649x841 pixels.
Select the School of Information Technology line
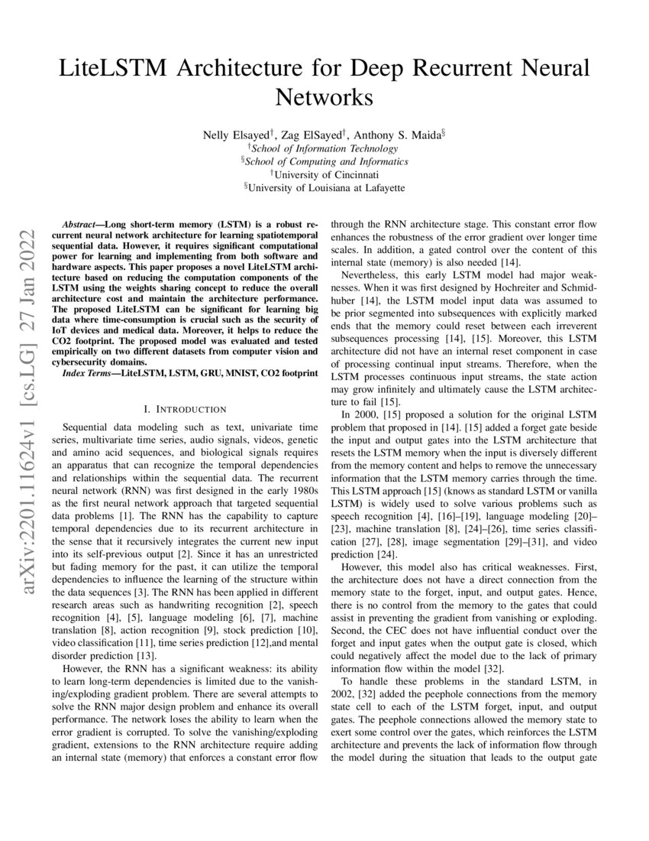327,148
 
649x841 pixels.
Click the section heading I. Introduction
180,409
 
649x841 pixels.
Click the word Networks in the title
324,98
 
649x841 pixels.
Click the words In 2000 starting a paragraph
360,414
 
